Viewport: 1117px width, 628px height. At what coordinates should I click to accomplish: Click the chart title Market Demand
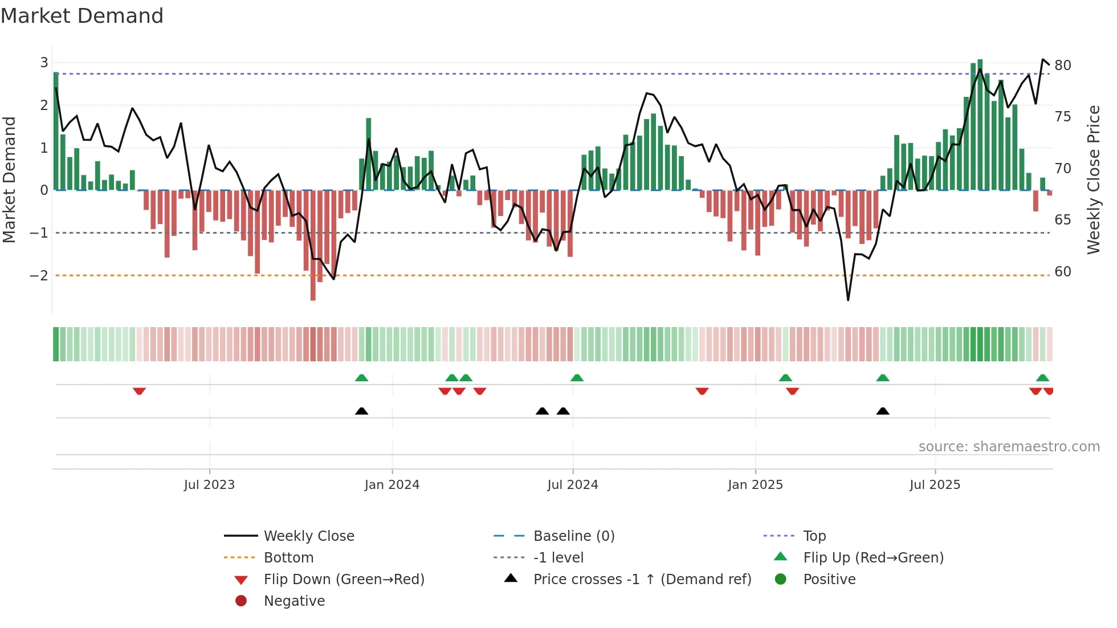pos(82,16)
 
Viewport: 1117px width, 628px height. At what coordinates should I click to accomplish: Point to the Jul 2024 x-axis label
pos(572,485)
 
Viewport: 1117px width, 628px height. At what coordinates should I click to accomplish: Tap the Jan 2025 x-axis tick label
pos(755,485)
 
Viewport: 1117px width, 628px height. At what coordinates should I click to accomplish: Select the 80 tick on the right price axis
pos(1062,66)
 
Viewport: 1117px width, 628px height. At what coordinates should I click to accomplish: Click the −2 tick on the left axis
pos(39,276)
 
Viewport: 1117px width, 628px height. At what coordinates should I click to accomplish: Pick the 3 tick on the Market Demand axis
pos(44,63)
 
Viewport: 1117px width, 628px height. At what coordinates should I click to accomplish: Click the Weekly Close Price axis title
pos(1093,180)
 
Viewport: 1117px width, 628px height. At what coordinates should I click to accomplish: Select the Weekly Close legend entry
pos(308,536)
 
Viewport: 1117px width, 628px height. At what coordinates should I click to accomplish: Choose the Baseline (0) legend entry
pos(573,536)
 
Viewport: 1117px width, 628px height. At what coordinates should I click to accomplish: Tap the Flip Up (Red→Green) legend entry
pos(873,558)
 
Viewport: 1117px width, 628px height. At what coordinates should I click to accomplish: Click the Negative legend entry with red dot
pos(293,601)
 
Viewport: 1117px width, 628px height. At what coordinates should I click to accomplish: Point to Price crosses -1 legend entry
pos(642,580)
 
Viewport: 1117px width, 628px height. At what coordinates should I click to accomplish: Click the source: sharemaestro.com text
pos(1009,447)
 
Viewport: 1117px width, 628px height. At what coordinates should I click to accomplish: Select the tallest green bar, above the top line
pos(980,114)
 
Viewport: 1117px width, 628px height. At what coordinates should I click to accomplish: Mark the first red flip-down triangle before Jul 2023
pos(139,391)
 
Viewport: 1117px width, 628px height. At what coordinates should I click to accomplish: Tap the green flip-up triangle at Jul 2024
pos(577,378)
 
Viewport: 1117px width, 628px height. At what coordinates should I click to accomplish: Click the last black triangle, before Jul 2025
pos(882,411)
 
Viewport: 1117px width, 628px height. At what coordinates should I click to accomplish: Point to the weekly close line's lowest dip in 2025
pos(848,300)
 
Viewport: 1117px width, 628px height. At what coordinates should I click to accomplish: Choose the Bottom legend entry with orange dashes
pos(288,558)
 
